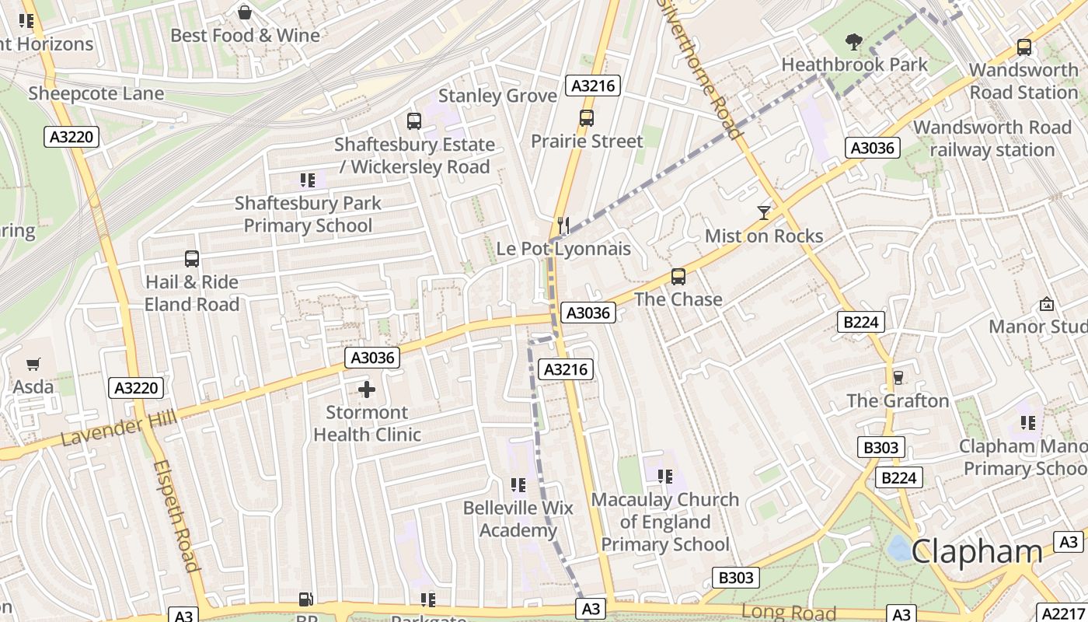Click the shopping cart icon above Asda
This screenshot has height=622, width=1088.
click(33, 364)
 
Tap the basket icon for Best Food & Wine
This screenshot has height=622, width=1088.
click(245, 12)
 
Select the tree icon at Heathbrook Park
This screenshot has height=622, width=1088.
click(854, 41)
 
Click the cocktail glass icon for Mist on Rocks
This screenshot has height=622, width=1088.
click(764, 212)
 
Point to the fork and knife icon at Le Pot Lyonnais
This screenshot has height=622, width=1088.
click(564, 225)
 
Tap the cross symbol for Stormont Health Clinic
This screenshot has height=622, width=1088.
click(367, 389)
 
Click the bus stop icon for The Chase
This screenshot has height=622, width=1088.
click(678, 276)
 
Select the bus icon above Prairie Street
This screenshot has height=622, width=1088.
click(587, 118)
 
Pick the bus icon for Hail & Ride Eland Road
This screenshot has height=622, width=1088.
click(192, 259)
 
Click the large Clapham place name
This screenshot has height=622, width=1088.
click(976, 551)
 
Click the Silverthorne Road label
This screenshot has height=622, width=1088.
click(700, 70)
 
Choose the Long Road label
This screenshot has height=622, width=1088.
click(788, 612)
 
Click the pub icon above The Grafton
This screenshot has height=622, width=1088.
click(898, 377)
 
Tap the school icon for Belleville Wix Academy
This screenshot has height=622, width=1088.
click(518, 485)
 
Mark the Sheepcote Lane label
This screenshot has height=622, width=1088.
click(96, 94)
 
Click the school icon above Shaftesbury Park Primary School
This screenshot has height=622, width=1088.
click(308, 180)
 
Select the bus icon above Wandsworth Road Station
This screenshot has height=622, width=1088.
click(1024, 47)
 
